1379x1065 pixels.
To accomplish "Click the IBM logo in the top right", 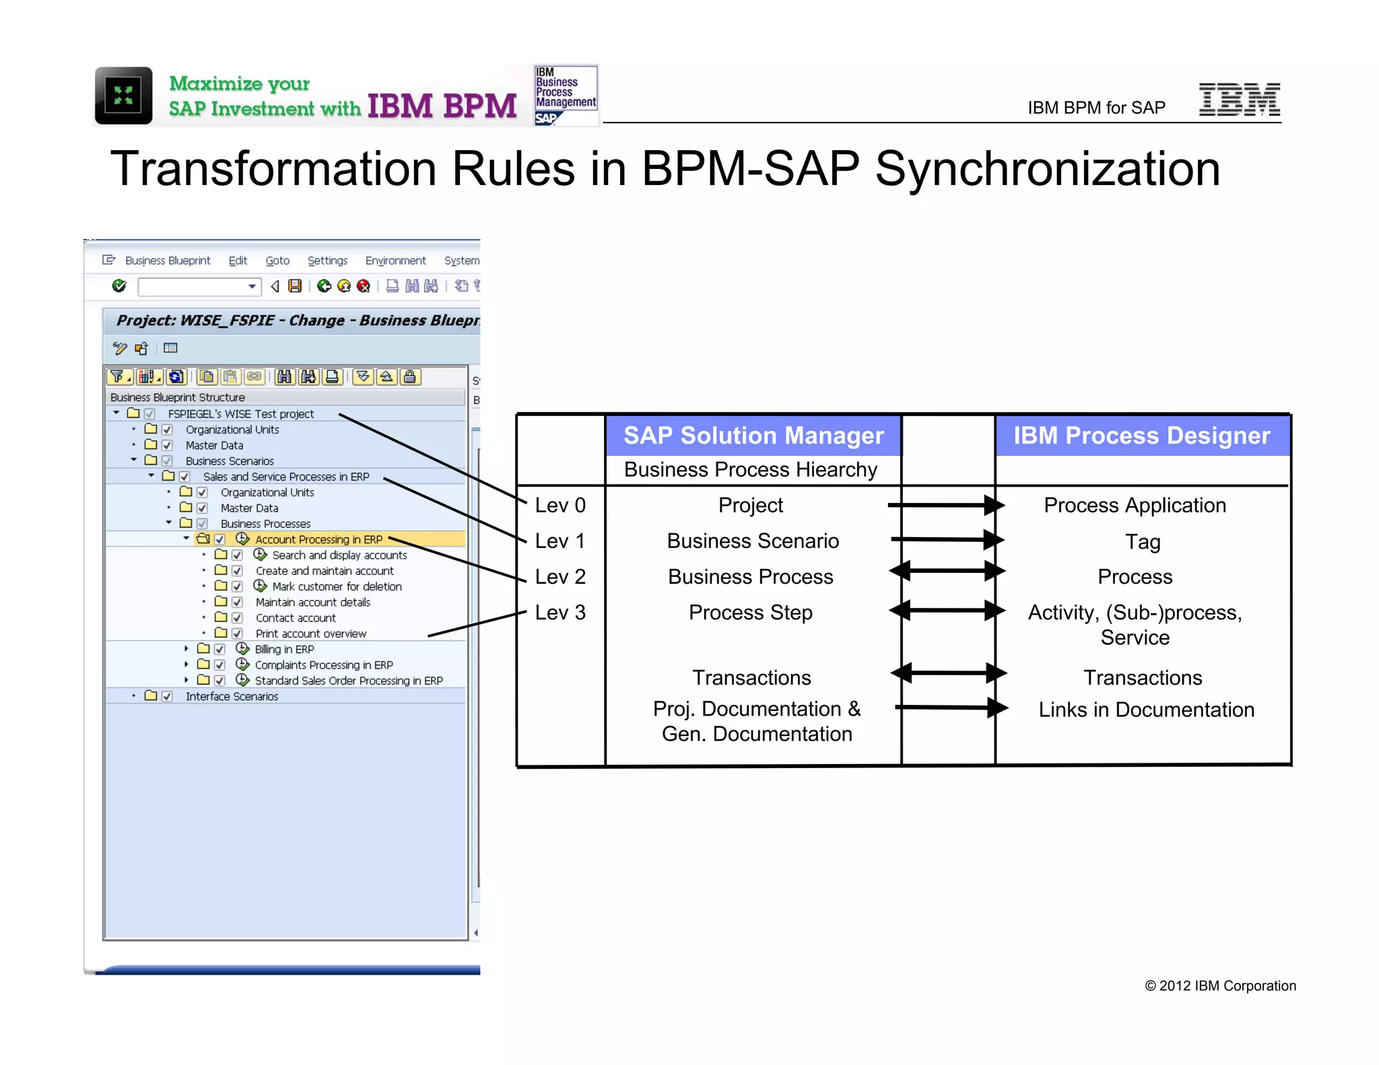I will point(1239,100).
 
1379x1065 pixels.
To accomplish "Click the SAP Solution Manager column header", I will point(753,436).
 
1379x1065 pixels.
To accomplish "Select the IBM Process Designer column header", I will point(1141,436).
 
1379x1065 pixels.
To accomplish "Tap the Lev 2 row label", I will point(560,577).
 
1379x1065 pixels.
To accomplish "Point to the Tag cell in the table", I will point(1142,542).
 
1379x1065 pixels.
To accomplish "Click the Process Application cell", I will point(1135,506).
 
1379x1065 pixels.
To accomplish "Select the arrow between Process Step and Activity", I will point(947,611).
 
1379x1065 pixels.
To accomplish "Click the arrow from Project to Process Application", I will point(945,505).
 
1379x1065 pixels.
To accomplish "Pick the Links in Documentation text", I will point(1145,710).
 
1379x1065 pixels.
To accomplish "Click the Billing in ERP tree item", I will point(284,650).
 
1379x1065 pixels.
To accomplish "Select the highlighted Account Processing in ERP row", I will point(318,539).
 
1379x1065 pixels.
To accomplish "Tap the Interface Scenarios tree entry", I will point(232,697).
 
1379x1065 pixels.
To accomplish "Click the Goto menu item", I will point(277,261).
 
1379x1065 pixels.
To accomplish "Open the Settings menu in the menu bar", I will point(327,261).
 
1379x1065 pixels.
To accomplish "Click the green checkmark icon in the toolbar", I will point(119,286).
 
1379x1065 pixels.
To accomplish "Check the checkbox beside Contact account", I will point(237,618).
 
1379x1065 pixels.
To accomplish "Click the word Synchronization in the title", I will point(1047,169).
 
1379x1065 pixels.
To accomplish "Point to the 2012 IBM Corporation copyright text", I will point(1219,986).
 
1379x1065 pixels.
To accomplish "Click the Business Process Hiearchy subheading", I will point(750,470).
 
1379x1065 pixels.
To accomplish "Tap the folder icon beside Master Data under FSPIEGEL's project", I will point(151,445).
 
